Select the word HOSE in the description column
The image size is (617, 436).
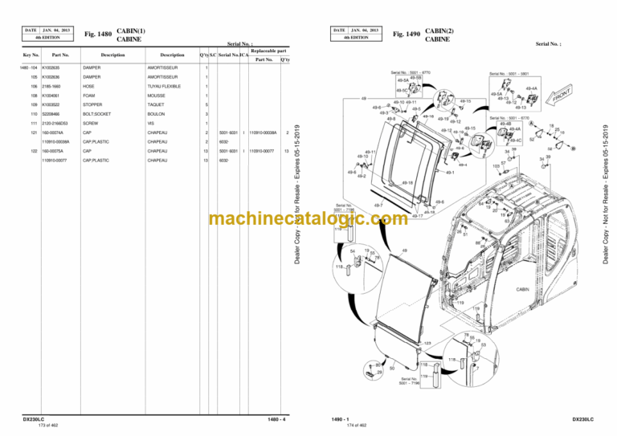pos(88,86)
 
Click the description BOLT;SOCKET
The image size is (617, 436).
pos(96,114)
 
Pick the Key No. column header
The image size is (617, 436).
pos(31,55)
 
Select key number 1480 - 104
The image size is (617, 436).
pos(29,67)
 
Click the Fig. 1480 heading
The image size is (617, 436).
pos(96,35)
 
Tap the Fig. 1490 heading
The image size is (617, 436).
pos(407,35)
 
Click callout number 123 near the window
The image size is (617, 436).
pos(427,341)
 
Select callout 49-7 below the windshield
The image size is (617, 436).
pos(378,206)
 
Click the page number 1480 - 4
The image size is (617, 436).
pos(276,419)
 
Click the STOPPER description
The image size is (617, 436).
pos(92,104)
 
